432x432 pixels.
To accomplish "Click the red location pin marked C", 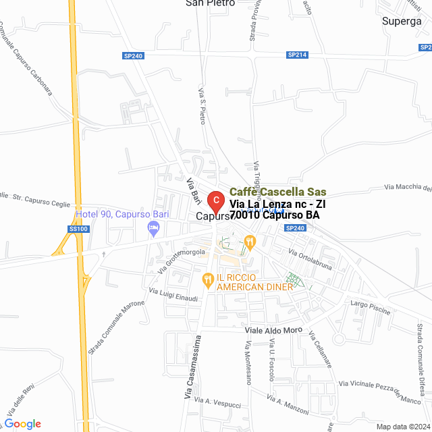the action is (215, 201).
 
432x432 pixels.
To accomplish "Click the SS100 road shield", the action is (78, 230).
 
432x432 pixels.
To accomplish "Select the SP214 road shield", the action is (297, 54).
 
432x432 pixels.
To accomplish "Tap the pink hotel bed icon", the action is (154, 230).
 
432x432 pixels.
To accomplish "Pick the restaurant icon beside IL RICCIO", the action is (209, 277).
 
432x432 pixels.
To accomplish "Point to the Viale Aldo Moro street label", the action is (273, 331).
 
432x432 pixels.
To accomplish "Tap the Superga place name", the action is (402, 21).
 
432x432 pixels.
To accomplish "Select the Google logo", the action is (22, 424).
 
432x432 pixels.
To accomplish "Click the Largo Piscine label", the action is (371, 305).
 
